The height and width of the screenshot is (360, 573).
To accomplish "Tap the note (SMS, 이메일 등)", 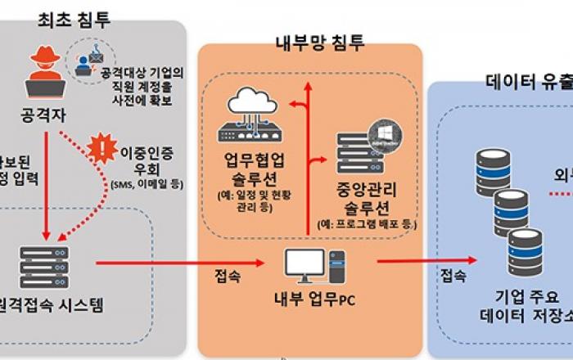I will coord(147,184).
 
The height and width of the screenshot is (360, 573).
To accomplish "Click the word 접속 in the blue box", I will coord(455,274).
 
